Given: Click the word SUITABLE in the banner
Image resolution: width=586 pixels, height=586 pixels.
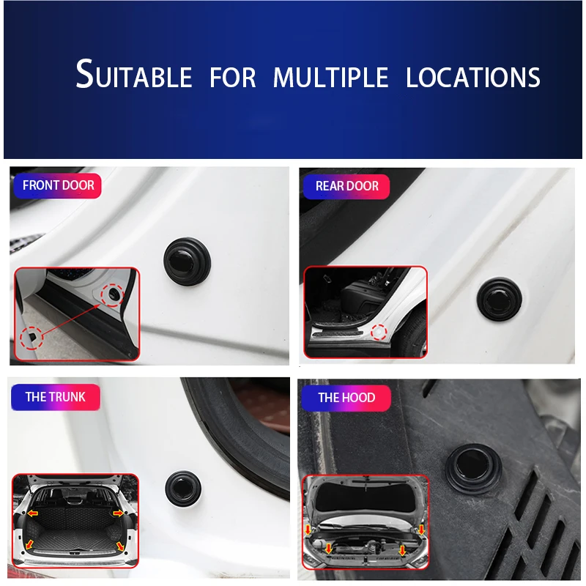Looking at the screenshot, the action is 134,74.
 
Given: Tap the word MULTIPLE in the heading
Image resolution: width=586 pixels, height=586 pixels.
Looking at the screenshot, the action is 331,78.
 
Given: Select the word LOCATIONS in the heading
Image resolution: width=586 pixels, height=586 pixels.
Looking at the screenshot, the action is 472,78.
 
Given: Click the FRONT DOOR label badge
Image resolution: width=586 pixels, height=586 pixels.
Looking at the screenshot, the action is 58,185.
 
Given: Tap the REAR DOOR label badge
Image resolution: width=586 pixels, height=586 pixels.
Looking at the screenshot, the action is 346,186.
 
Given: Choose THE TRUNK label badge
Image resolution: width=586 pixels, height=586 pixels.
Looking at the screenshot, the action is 56,397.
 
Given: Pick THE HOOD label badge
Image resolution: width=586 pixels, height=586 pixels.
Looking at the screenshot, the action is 346,398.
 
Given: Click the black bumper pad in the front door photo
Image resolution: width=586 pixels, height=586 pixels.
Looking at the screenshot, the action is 187,262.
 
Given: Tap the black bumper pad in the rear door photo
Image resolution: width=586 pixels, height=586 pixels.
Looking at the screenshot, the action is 500,299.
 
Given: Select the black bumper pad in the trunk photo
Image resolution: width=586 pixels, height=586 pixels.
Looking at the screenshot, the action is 183,489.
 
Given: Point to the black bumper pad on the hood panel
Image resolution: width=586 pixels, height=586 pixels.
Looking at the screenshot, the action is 472,469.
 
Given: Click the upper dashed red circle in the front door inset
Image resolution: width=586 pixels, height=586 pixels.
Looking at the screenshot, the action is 112,296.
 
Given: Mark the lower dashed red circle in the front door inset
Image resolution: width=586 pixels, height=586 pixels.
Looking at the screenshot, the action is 31,338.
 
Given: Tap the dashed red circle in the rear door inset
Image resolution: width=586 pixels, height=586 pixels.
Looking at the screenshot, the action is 379,333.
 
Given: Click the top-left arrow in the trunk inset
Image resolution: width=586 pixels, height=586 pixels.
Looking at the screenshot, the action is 32,513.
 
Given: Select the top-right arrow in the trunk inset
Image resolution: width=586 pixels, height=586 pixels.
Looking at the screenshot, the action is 118,513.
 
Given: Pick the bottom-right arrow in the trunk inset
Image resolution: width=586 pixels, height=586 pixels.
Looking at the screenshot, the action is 120,546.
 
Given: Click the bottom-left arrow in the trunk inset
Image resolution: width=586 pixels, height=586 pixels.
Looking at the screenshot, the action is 29,544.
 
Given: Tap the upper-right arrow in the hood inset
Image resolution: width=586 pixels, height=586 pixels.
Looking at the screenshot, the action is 422,530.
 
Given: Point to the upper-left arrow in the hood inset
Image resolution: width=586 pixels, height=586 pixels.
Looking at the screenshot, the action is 308,530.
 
